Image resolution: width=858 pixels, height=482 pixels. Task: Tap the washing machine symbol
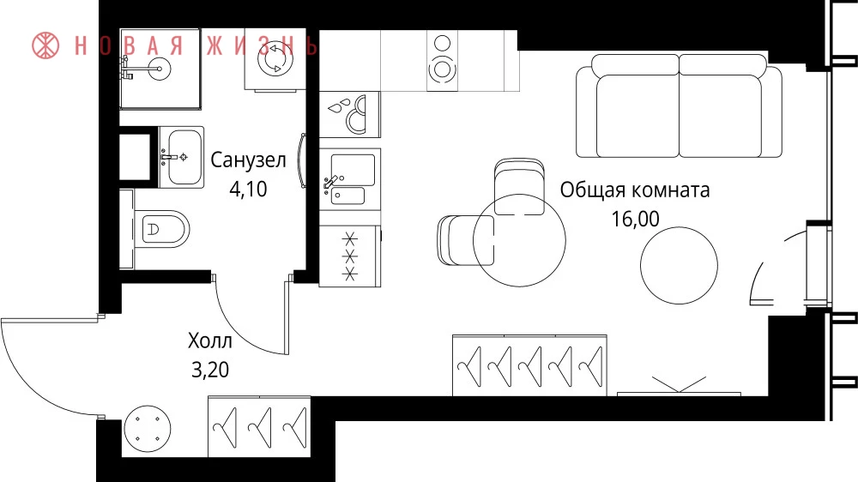275,60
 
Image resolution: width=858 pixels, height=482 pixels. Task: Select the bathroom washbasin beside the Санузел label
181,158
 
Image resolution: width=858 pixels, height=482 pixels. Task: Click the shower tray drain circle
160,69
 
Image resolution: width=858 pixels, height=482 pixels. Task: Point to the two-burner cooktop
442,60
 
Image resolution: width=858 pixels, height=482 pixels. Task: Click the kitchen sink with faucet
350,179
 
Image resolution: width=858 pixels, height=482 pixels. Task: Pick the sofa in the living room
679,106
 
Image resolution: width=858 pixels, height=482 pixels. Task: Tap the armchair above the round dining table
519,186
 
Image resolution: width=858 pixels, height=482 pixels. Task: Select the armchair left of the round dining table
465,240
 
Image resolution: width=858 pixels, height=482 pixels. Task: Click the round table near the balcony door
679,265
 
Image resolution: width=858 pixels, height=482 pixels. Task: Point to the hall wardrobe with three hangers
259,427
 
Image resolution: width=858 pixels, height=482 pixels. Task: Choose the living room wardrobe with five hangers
529,365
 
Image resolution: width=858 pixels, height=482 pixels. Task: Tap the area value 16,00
635,219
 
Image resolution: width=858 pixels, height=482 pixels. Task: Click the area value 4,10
248,189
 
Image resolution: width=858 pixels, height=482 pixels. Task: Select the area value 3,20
210,370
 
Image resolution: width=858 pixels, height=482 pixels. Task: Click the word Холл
210,340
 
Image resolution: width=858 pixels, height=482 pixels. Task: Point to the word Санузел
248,160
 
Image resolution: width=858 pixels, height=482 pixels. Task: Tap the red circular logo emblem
45,45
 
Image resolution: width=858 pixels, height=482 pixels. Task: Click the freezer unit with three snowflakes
350,256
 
